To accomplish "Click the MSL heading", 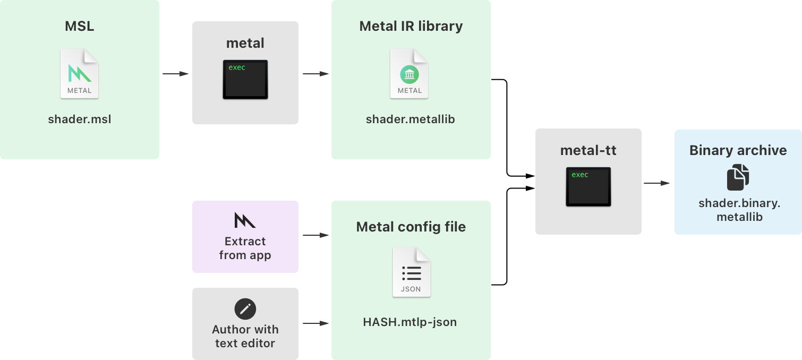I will coord(80,27).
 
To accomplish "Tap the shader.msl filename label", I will coord(80,119).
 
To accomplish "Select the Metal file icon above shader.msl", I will coord(80,74).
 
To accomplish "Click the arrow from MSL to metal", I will coord(175,74).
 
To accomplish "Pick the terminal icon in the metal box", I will coord(245,80).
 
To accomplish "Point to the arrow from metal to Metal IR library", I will coord(315,74).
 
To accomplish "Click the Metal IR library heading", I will coord(411,27).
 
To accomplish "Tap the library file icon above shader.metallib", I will coord(409,74).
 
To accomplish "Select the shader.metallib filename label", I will coord(411,119).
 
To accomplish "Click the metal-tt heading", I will coord(588,150).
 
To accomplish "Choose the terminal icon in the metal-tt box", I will coord(588,187).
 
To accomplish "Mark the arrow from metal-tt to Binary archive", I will coord(657,183).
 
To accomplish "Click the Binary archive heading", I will coord(738,150).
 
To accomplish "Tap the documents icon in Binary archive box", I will coord(738,177).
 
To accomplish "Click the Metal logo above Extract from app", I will coord(245,220).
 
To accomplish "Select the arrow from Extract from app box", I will coord(315,235).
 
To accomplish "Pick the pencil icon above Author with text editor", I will coord(245,308).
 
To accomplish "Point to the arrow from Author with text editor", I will coord(315,323).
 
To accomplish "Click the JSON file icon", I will coord(412,272).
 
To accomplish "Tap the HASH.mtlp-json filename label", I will coord(410,322).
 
